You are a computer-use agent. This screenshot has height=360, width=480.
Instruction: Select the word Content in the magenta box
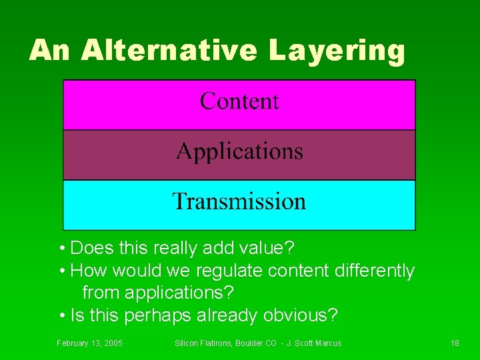[x=239, y=101]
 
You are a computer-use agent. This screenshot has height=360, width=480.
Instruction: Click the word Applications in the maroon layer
[x=239, y=152]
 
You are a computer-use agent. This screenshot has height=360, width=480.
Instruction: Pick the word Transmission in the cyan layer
[x=239, y=201]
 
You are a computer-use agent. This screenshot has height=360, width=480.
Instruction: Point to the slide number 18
[x=455, y=343]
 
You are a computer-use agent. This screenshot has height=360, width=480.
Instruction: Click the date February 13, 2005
[x=89, y=343]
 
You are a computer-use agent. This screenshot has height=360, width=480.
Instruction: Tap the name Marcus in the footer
[x=327, y=343]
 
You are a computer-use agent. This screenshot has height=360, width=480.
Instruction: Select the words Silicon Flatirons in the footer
[x=199, y=343]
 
